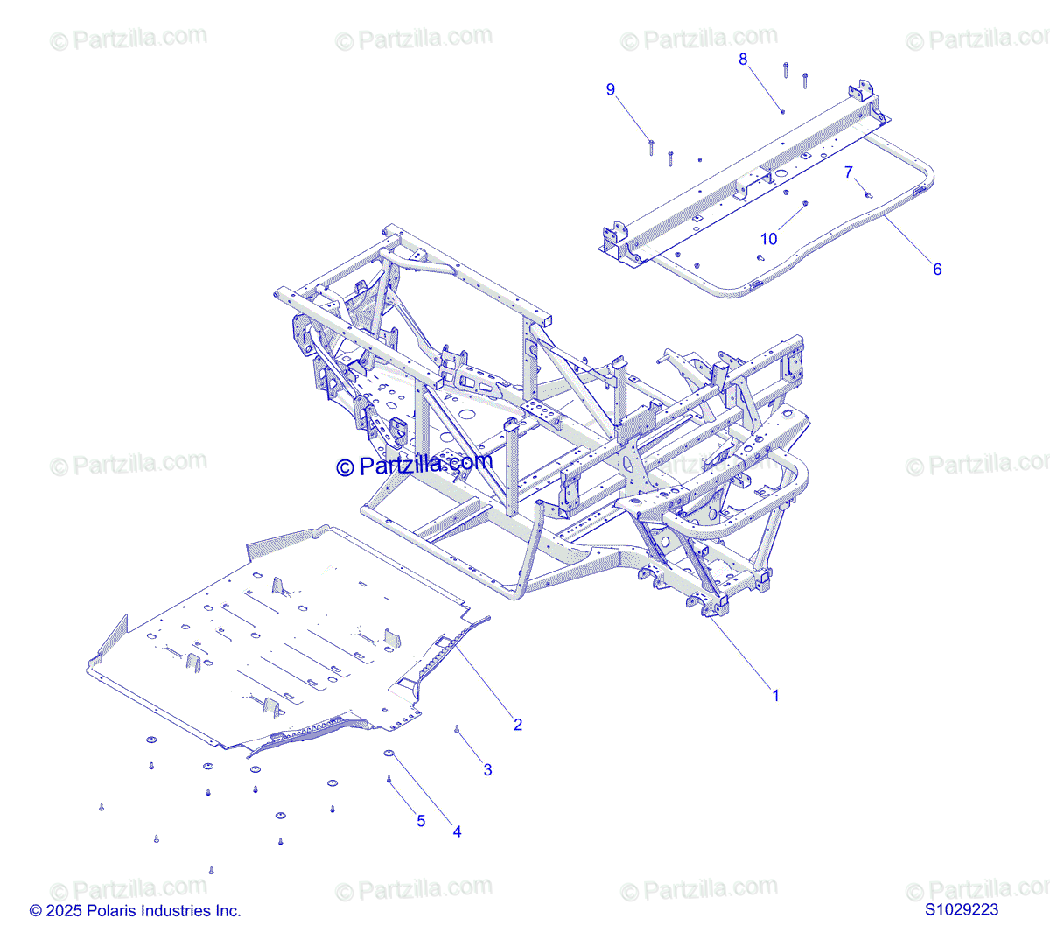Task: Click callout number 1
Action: (x=774, y=696)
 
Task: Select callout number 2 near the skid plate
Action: (x=518, y=725)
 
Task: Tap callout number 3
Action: (x=487, y=770)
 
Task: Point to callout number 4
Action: (x=457, y=831)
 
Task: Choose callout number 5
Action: (x=421, y=821)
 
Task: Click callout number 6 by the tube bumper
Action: (x=937, y=270)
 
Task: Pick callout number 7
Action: (x=848, y=172)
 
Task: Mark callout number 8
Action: (x=743, y=60)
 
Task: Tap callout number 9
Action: (x=611, y=89)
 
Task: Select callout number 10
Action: (x=768, y=239)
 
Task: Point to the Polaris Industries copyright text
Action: (x=135, y=911)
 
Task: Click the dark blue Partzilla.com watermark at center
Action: (x=415, y=465)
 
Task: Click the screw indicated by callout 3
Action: (x=457, y=729)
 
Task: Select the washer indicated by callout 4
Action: (x=388, y=753)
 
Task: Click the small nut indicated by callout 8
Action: (x=782, y=111)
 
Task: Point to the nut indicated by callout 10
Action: (x=805, y=204)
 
